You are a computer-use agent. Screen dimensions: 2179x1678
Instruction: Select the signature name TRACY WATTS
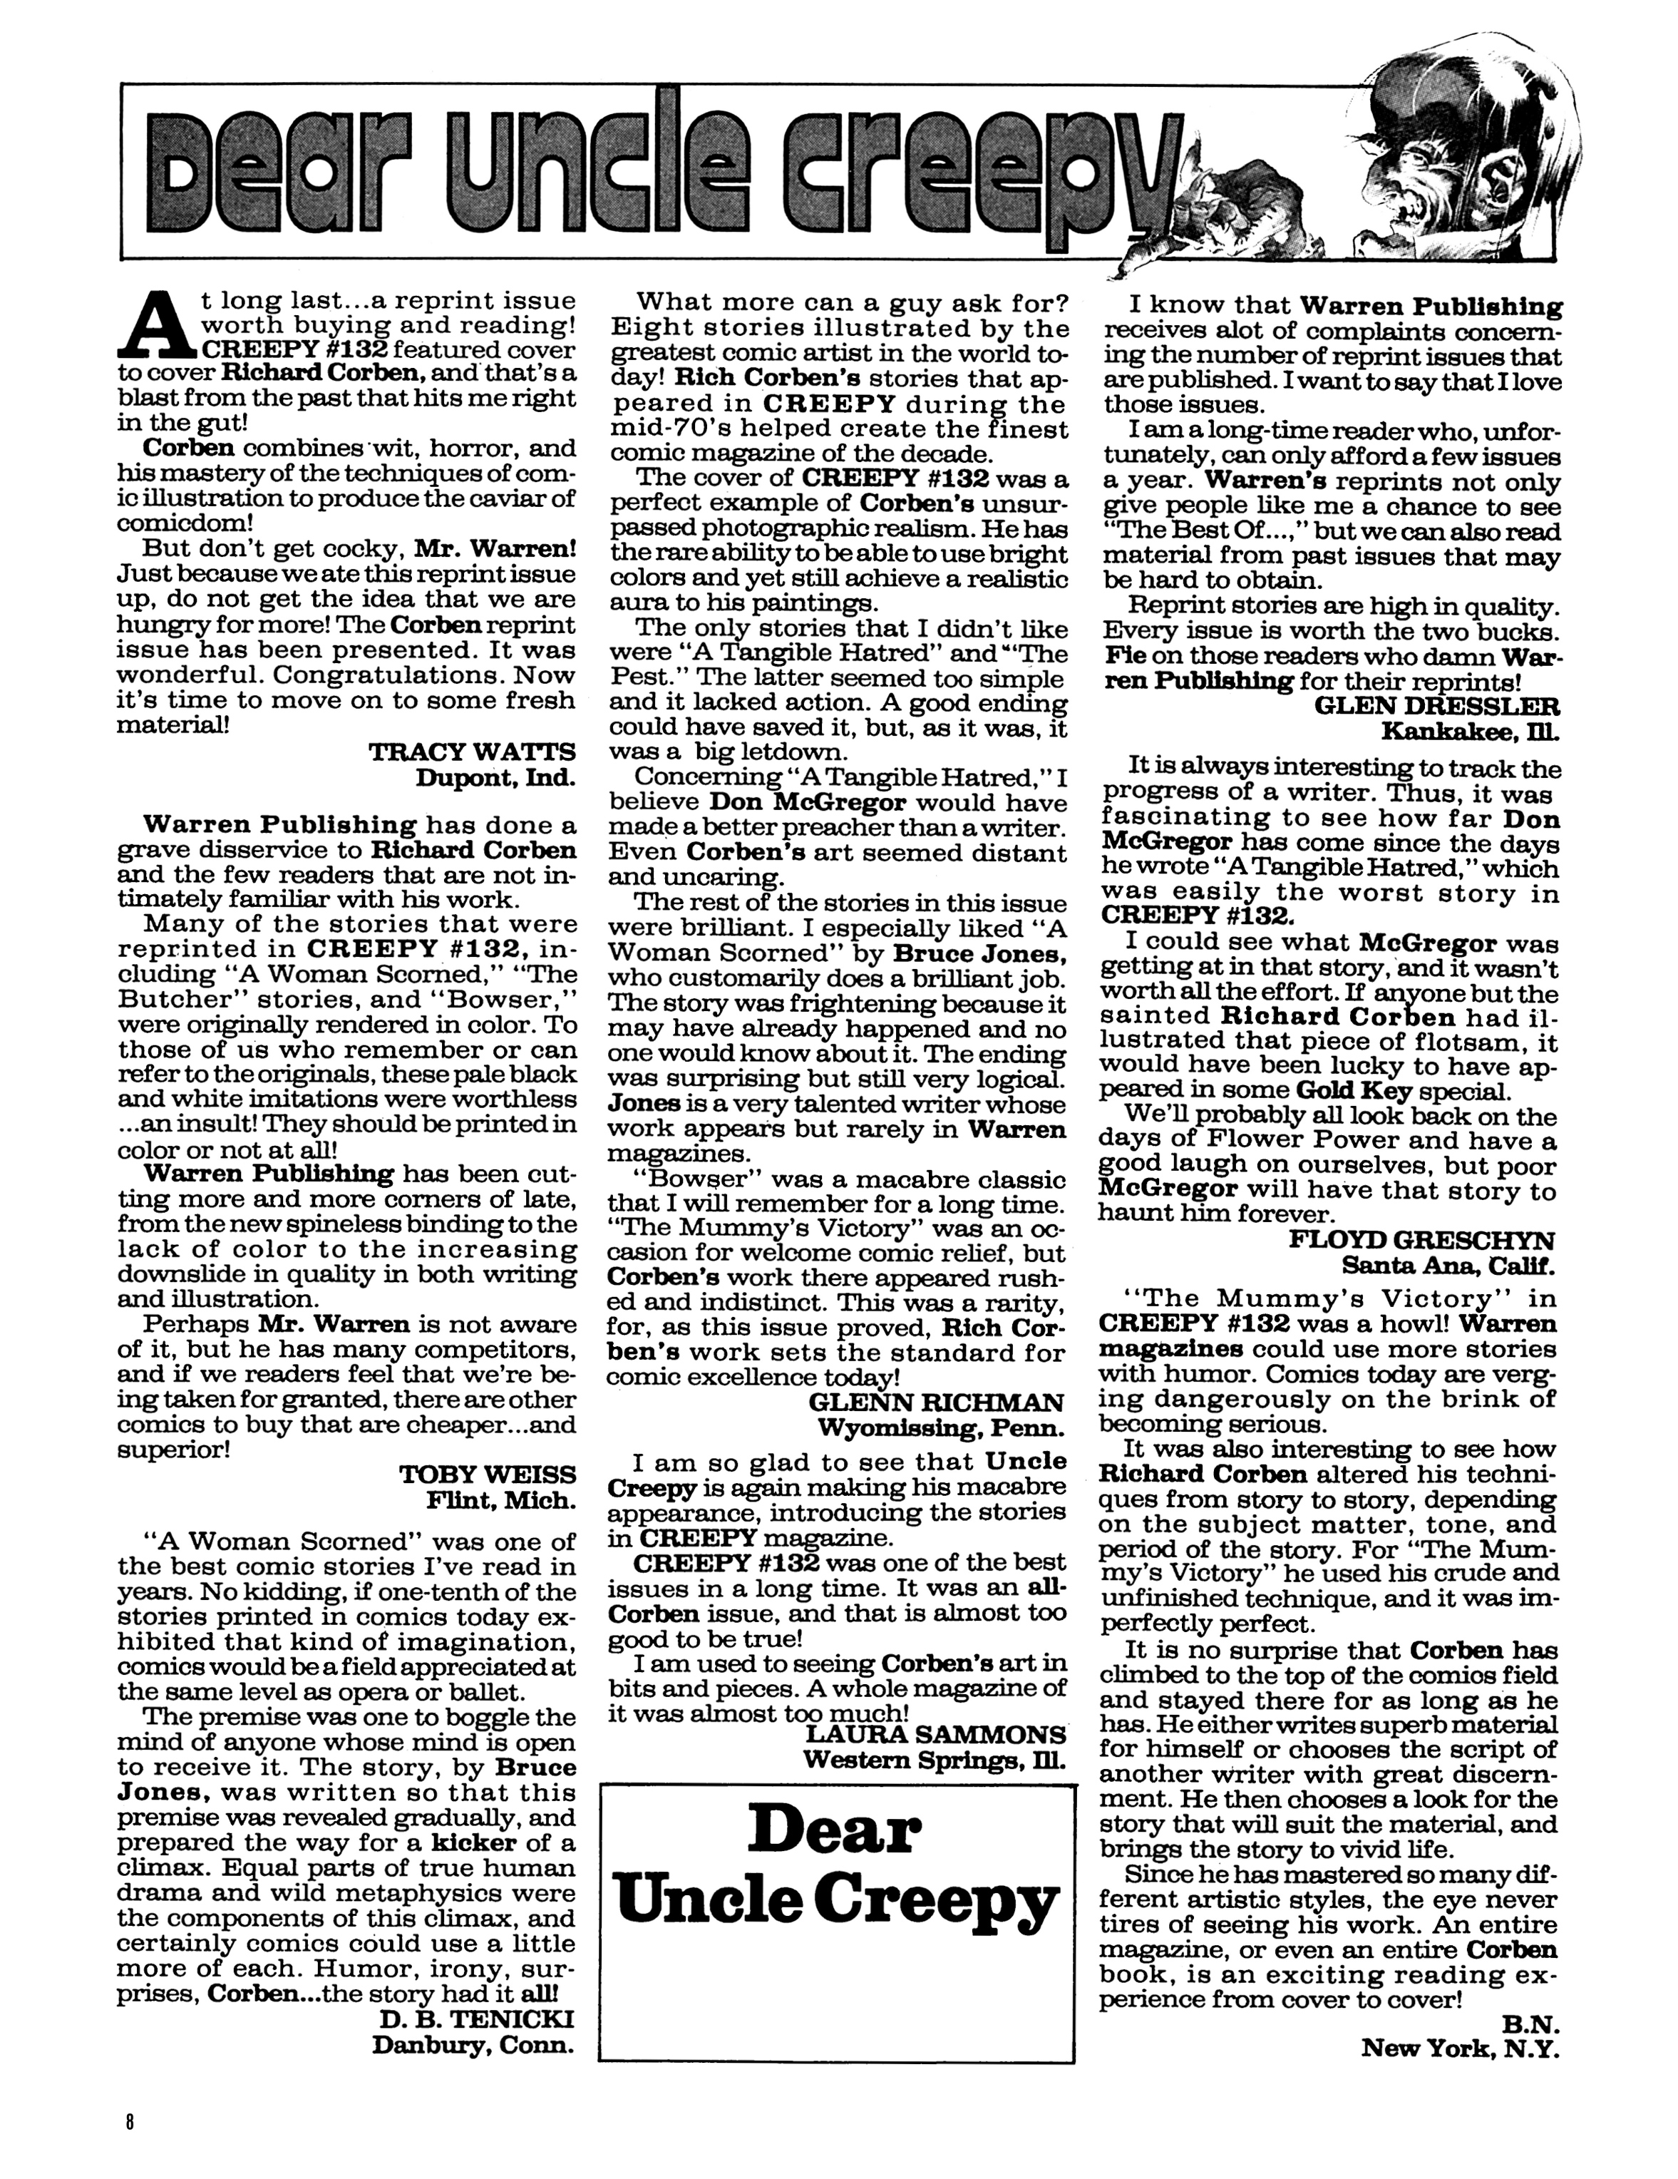[x=472, y=752]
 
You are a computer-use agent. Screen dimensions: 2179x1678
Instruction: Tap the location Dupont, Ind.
[x=496, y=778]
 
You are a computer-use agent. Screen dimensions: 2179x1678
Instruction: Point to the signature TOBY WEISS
[x=487, y=1475]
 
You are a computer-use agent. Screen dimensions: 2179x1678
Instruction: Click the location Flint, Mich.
[x=501, y=1500]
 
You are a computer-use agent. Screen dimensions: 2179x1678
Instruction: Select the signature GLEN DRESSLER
[x=1438, y=707]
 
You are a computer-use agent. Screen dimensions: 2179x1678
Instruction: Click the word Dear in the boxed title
[x=834, y=1832]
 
